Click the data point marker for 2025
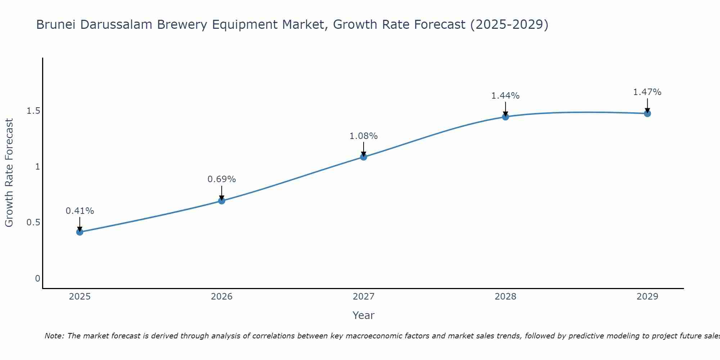80,232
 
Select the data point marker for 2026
222,201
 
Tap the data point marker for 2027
364,157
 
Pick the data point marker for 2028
505,117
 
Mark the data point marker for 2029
647,113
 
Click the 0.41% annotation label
80,211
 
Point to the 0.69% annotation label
222,179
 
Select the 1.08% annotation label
364,136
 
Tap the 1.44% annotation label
505,96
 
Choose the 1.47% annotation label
647,92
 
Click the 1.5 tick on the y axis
33,111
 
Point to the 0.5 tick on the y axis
33,222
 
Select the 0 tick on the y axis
37,278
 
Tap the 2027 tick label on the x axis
364,297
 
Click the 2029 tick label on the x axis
647,297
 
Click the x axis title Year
364,315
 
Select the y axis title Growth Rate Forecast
9,173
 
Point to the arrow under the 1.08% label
364,148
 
